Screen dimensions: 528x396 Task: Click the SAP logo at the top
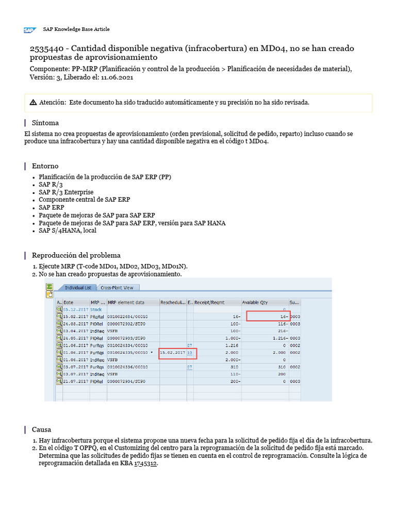pos(29,30)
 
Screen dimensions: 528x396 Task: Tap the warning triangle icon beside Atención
pos(34,103)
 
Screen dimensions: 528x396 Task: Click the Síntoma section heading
pos(45,123)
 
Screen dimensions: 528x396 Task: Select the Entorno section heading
pos(45,166)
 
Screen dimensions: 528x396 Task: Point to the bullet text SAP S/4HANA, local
pos(67,230)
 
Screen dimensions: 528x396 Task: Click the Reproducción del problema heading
pos(76,255)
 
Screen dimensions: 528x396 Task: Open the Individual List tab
pos(77,288)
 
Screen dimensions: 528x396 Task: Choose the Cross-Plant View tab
pos(117,288)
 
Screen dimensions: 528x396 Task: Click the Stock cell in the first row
pos(96,309)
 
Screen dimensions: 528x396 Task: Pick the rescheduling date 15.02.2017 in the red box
pos(173,352)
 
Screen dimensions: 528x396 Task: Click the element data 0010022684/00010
pos(127,316)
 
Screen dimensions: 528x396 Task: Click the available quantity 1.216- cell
pos(276,338)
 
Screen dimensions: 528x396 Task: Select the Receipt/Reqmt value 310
pos(235,367)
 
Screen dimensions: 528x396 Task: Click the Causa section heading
pos(41,430)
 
